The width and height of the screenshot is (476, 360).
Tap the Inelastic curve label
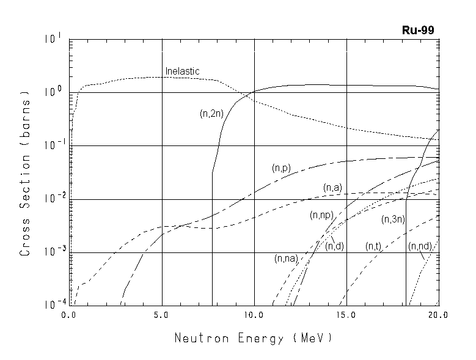click(x=182, y=72)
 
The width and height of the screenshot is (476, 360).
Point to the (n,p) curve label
click(x=282, y=167)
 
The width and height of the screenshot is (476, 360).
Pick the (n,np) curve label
click(x=321, y=215)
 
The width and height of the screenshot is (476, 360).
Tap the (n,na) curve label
click(x=285, y=259)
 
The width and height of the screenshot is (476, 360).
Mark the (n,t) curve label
click(x=373, y=246)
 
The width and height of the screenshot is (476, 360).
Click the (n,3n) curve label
click(x=394, y=219)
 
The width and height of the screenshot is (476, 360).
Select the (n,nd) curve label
click(x=420, y=246)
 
